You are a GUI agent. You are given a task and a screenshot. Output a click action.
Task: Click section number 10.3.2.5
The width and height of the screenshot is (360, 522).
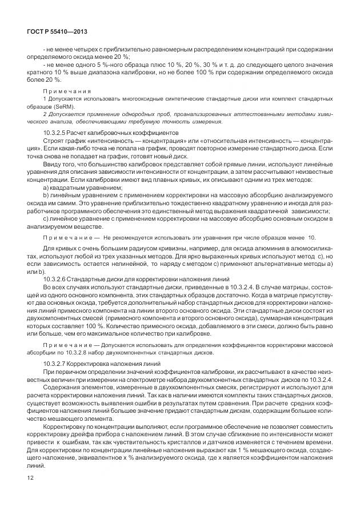pyautogui.click(x=56, y=133)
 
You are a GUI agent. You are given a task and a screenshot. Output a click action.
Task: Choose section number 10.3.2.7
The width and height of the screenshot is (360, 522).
pyautogui.click(x=56, y=364)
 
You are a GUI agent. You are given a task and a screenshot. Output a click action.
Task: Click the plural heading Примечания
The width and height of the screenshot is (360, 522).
pyautogui.click(x=66, y=91)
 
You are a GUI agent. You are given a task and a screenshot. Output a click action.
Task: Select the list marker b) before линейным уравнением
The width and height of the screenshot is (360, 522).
pyautogui.click(x=46, y=196)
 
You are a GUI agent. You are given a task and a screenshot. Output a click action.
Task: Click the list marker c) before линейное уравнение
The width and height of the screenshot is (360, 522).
pyautogui.click(x=46, y=218)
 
